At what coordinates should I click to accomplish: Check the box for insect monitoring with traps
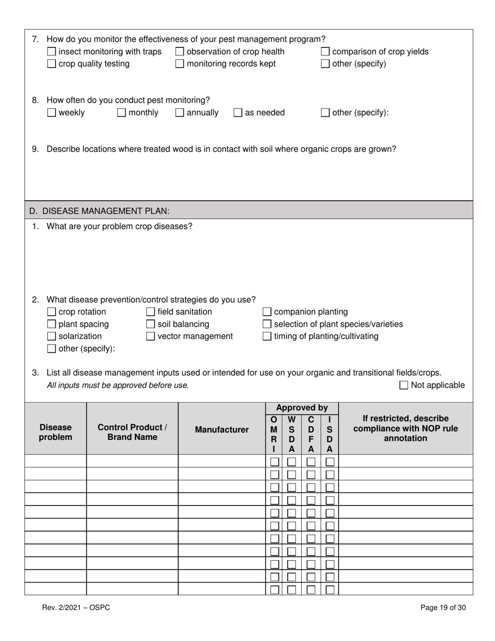point(52,52)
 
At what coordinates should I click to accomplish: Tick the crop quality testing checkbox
point(52,64)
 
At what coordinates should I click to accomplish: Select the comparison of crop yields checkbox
point(325,52)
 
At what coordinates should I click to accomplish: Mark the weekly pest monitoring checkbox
point(52,113)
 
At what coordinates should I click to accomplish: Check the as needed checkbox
point(238,113)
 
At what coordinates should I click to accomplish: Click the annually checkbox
point(180,113)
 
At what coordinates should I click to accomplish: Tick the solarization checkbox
point(52,336)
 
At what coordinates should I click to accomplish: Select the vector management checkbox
point(151,336)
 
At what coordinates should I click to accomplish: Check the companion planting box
point(267,312)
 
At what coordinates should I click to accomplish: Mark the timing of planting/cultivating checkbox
point(267,336)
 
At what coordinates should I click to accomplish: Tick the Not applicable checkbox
point(404,385)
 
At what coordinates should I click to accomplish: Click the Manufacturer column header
point(221,429)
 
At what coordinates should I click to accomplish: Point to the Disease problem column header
point(55,432)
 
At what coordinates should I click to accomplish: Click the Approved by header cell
point(302,408)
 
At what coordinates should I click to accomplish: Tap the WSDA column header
point(291,434)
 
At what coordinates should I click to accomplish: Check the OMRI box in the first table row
point(275,461)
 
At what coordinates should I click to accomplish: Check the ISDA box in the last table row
point(330,589)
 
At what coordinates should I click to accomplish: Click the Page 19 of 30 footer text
point(443,607)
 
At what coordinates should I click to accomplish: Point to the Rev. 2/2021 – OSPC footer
point(76,607)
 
